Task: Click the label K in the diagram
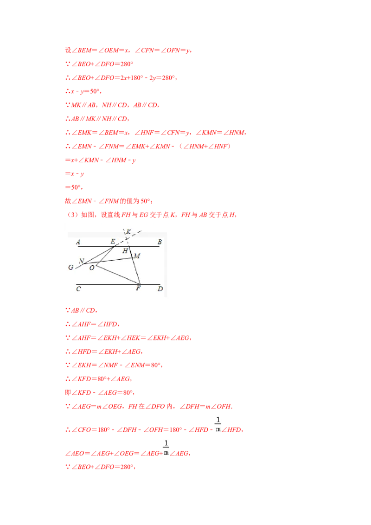coord(128,232)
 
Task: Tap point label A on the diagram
coord(78,242)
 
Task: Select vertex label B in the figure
coord(160,242)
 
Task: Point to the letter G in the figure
coord(70,267)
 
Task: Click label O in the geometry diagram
coord(92,268)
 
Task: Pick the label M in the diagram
coord(137,256)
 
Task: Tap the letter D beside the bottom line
coord(160,289)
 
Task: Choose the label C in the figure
coord(78,289)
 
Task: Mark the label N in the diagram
coord(81,261)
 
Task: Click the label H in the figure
coord(125,251)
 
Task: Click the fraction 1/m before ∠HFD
coord(218,424)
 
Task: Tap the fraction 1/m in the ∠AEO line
coord(166,448)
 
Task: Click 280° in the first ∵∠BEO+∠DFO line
coord(127,64)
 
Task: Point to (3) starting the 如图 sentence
coord(73,215)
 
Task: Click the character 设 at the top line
coord(68,50)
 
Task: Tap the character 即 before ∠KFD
coord(68,393)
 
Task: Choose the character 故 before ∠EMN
coord(68,201)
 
